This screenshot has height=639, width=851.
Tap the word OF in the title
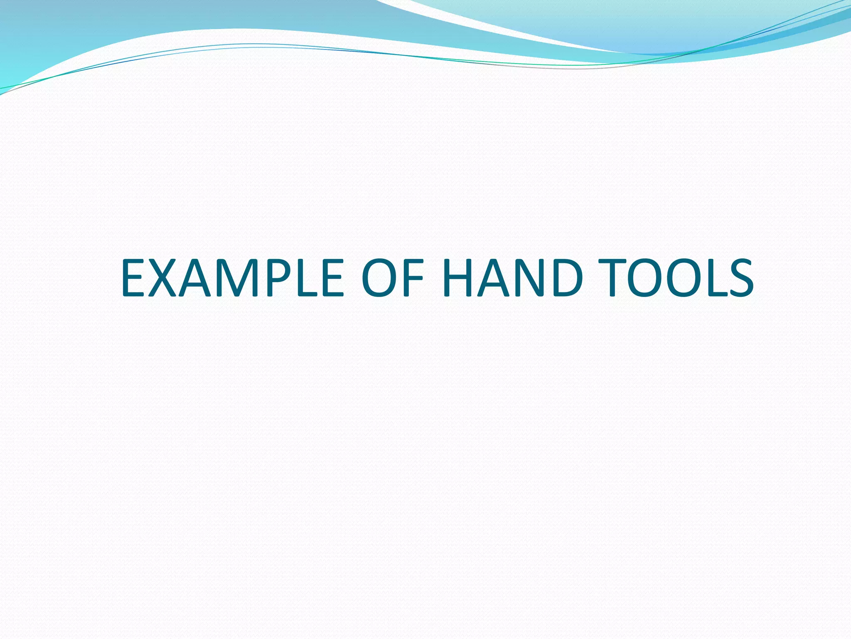point(392,277)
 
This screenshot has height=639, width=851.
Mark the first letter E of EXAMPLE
point(133,277)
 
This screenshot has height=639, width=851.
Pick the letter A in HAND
point(494,277)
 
